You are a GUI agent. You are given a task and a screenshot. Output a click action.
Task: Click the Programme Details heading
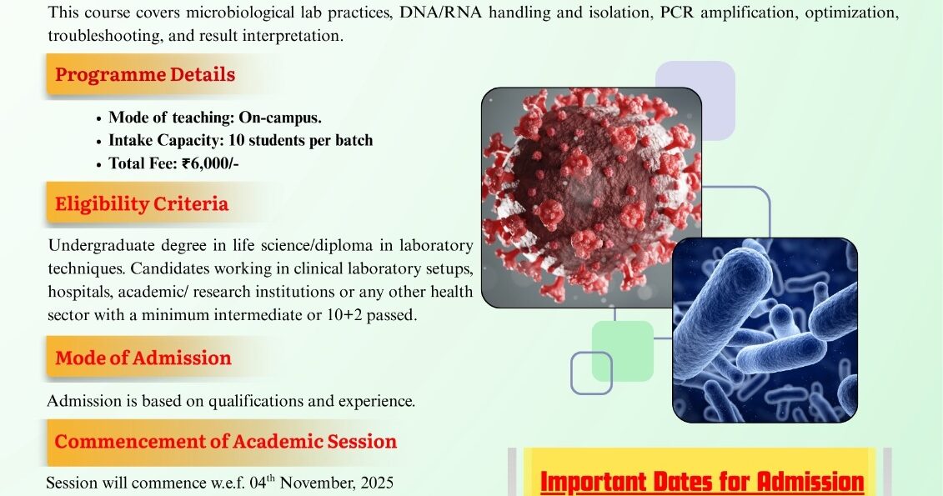(145, 74)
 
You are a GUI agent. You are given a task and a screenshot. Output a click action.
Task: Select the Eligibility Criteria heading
(142, 203)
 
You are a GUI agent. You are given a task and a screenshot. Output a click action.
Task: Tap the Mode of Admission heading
(143, 358)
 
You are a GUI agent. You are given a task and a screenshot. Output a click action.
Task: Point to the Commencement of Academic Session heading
(225, 441)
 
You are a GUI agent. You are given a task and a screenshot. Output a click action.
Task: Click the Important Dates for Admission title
(702, 482)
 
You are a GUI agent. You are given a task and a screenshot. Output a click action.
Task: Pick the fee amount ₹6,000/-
(210, 163)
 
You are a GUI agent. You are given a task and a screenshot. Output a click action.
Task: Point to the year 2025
(378, 483)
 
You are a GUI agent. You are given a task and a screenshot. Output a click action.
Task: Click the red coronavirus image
(592, 198)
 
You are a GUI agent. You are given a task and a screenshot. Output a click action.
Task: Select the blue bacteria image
(765, 330)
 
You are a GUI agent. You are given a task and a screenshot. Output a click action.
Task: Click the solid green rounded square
(623, 351)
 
